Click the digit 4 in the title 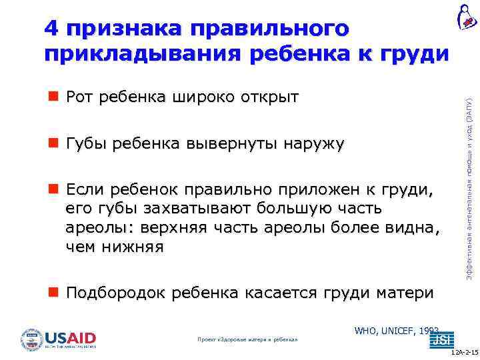(51, 29)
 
